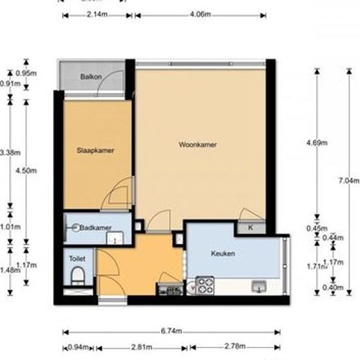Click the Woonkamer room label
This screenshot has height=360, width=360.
pos(198,145)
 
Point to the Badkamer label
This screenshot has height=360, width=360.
pos(95,228)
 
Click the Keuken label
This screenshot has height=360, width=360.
pos(223,253)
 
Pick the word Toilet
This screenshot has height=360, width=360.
pos(77,259)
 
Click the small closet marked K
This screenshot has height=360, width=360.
pos(251,228)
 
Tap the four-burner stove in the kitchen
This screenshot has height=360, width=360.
pos(206,285)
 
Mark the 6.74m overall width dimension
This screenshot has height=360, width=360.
pos(174,332)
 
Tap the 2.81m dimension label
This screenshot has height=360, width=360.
pos(142,348)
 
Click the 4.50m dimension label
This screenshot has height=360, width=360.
pos(26,171)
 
